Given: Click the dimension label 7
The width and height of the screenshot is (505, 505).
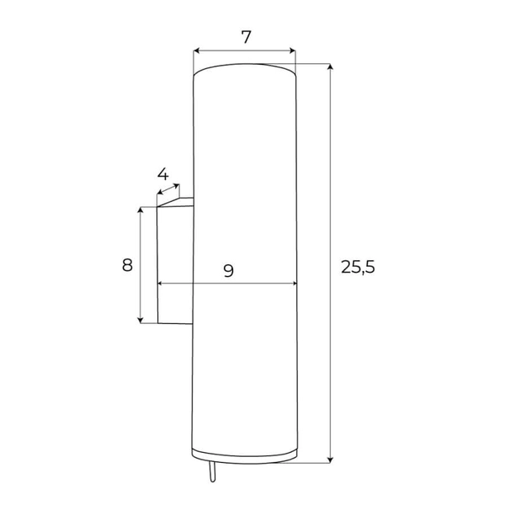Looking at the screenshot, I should pos(246,37).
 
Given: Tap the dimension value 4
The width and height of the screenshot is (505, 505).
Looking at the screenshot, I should pos(163,175).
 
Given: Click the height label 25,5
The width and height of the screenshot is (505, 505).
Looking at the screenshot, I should pos(358,267).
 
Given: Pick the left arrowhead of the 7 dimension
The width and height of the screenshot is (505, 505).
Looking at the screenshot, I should pos(196,50).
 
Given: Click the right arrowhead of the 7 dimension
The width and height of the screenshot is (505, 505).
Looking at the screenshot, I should pos(294,50).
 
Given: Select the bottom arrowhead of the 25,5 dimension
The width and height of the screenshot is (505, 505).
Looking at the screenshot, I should pos(329,459).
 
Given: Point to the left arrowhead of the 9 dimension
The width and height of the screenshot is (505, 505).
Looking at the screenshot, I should pos(161,284).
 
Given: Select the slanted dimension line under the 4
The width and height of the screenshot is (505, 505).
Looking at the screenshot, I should pos(168,192).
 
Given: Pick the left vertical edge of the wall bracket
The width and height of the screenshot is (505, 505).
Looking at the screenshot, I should pos(157,265).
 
